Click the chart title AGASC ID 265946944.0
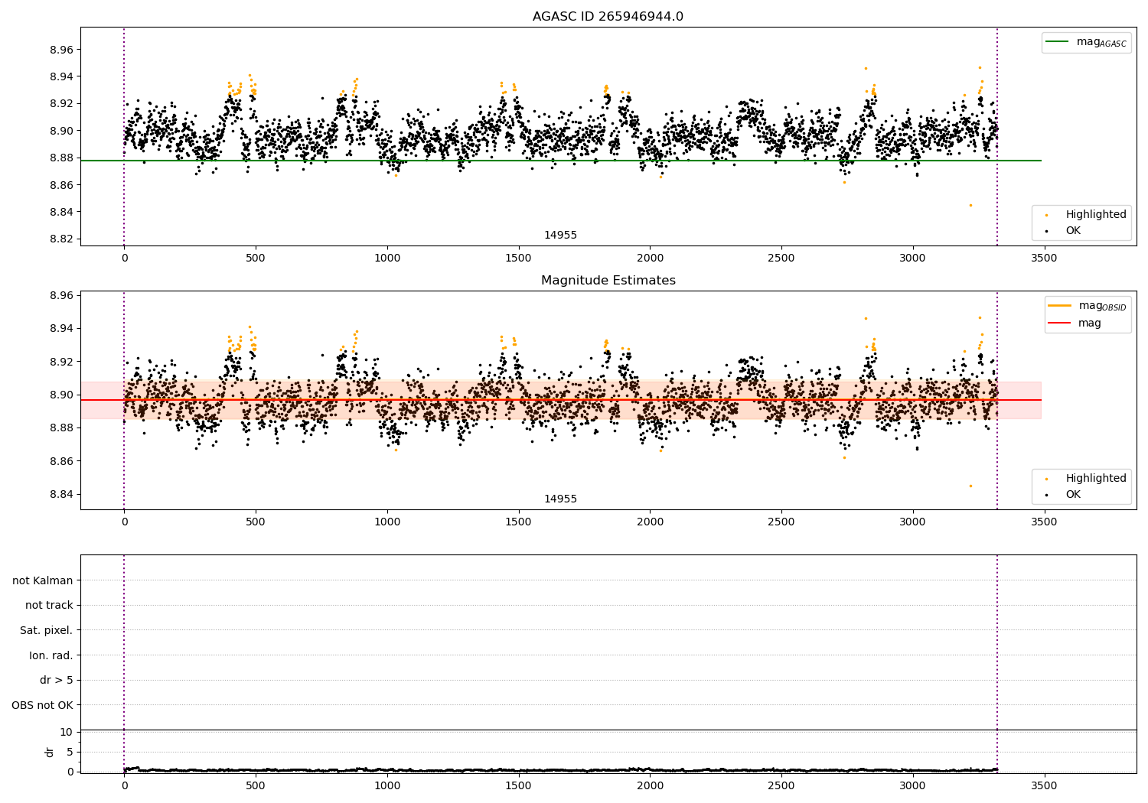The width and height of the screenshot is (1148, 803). point(608,17)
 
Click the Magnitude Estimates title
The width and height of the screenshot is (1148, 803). point(608,281)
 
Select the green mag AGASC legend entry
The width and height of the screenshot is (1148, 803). point(1086,42)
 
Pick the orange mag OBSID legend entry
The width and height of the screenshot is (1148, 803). point(1087,306)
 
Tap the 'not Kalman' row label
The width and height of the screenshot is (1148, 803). point(43,580)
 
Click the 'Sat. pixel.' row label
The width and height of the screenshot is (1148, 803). point(47,631)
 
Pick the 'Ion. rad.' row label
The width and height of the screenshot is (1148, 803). point(51,655)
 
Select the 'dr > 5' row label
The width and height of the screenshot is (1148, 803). point(57,681)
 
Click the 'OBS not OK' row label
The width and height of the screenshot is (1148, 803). point(43,705)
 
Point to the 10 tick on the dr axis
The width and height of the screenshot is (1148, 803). point(67,732)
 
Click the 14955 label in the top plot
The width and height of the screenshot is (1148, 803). point(560,236)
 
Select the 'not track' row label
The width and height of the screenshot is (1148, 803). point(49,606)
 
